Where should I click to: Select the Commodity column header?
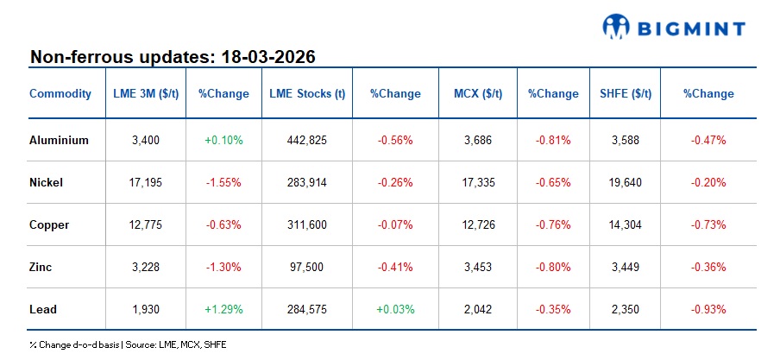tap(60, 93)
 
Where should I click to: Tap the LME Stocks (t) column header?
tap(308, 93)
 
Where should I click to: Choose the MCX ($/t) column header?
tap(480, 93)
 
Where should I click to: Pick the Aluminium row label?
tap(59, 140)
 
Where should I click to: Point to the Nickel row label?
tap(47, 182)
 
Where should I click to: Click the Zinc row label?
tap(41, 267)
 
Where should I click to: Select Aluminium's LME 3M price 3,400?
tap(147, 140)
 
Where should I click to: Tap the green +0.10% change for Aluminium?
tap(223, 140)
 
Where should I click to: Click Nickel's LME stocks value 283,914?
tap(308, 182)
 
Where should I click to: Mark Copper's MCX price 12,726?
tap(480, 224)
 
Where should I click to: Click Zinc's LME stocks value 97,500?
tap(308, 267)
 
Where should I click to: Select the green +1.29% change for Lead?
tap(223, 309)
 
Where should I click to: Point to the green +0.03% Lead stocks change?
tap(395, 309)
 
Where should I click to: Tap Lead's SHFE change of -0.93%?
tap(708, 309)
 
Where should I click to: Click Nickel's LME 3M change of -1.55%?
tap(223, 182)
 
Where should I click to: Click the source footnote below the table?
tap(128, 344)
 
